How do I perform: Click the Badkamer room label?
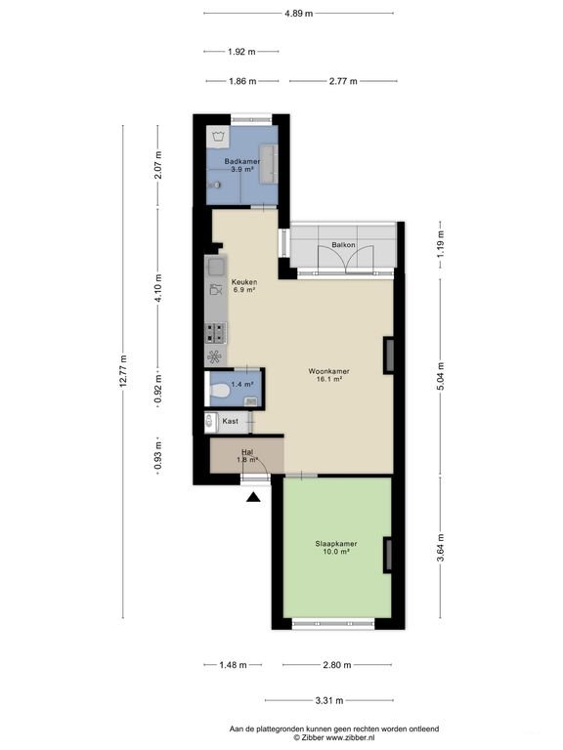coord(242,161)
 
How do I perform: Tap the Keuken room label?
coord(244,281)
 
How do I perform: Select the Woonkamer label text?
coord(328,371)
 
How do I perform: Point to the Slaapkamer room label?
coord(336,544)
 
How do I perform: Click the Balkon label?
coord(344,245)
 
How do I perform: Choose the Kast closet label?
coord(231,422)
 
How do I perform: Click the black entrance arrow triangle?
coord(253,497)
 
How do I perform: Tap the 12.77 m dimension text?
coord(123,371)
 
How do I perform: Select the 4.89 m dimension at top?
coord(299,14)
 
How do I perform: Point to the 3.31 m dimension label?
coord(329,701)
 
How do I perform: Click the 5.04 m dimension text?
coord(441,376)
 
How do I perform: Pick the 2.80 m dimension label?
coord(337,665)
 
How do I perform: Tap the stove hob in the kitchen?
coord(215,333)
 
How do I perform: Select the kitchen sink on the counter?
coord(216,267)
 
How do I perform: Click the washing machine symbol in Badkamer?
coord(218,137)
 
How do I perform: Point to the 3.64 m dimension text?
coord(441,548)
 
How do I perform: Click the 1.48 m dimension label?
coord(234,665)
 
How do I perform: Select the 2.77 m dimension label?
coord(343,81)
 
